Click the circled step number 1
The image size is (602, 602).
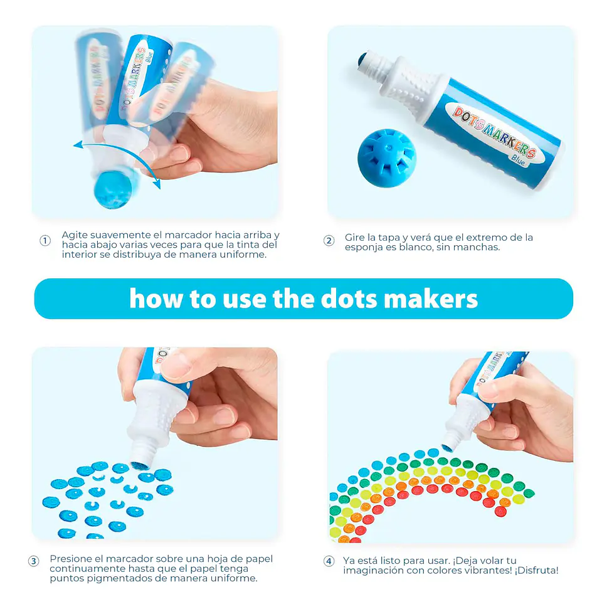tap(45, 241)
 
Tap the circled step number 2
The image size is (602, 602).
tap(329, 241)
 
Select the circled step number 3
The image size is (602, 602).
tap(33, 561)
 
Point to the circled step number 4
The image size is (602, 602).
tap(329, 561)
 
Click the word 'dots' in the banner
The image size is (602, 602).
tap(349, 298)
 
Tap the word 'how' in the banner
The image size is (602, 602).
tap(156, 298)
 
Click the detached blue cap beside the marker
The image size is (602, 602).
tap(387, 158)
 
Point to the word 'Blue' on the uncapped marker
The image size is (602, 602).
tap(518, 160)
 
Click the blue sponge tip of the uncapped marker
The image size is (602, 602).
tap(362, 60)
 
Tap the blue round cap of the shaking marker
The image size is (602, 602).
tap(113, 190)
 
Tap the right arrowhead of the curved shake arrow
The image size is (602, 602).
tap(156, 184)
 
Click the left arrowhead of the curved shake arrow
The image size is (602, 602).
tap(78, 145)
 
